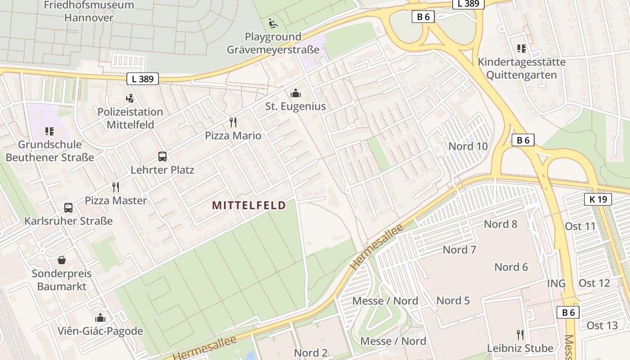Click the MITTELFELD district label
(249, 206)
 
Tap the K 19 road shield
(598, 199)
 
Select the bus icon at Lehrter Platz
(162, 157)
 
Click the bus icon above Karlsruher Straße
(68, 208)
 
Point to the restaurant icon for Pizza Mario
(233, 122)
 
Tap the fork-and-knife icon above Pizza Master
(116, 187)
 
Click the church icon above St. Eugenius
(296, 93)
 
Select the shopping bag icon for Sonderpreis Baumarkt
(62, 260)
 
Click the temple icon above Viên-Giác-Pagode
(100, 318)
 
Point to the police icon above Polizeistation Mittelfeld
(130, 98)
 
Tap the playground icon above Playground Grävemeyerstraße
(273, 23)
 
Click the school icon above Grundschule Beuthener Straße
(49, 131)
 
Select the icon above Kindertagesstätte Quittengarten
(521, 49)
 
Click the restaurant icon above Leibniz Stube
(520, 335)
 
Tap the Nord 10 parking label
(468, 146)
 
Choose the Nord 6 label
(511, 267)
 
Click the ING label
(556, 283)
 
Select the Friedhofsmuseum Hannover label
(89, 12)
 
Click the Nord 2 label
(311, 353)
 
